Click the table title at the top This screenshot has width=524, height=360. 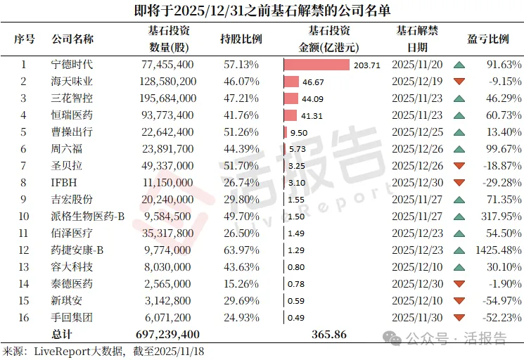point(262,11)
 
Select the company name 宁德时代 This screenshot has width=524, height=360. point(72,65)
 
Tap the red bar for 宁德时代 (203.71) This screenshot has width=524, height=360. point(317,65)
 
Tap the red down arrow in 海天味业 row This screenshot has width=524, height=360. point(459,82)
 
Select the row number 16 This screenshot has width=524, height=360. point(24,318)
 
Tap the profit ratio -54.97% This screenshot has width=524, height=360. point(499,301)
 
